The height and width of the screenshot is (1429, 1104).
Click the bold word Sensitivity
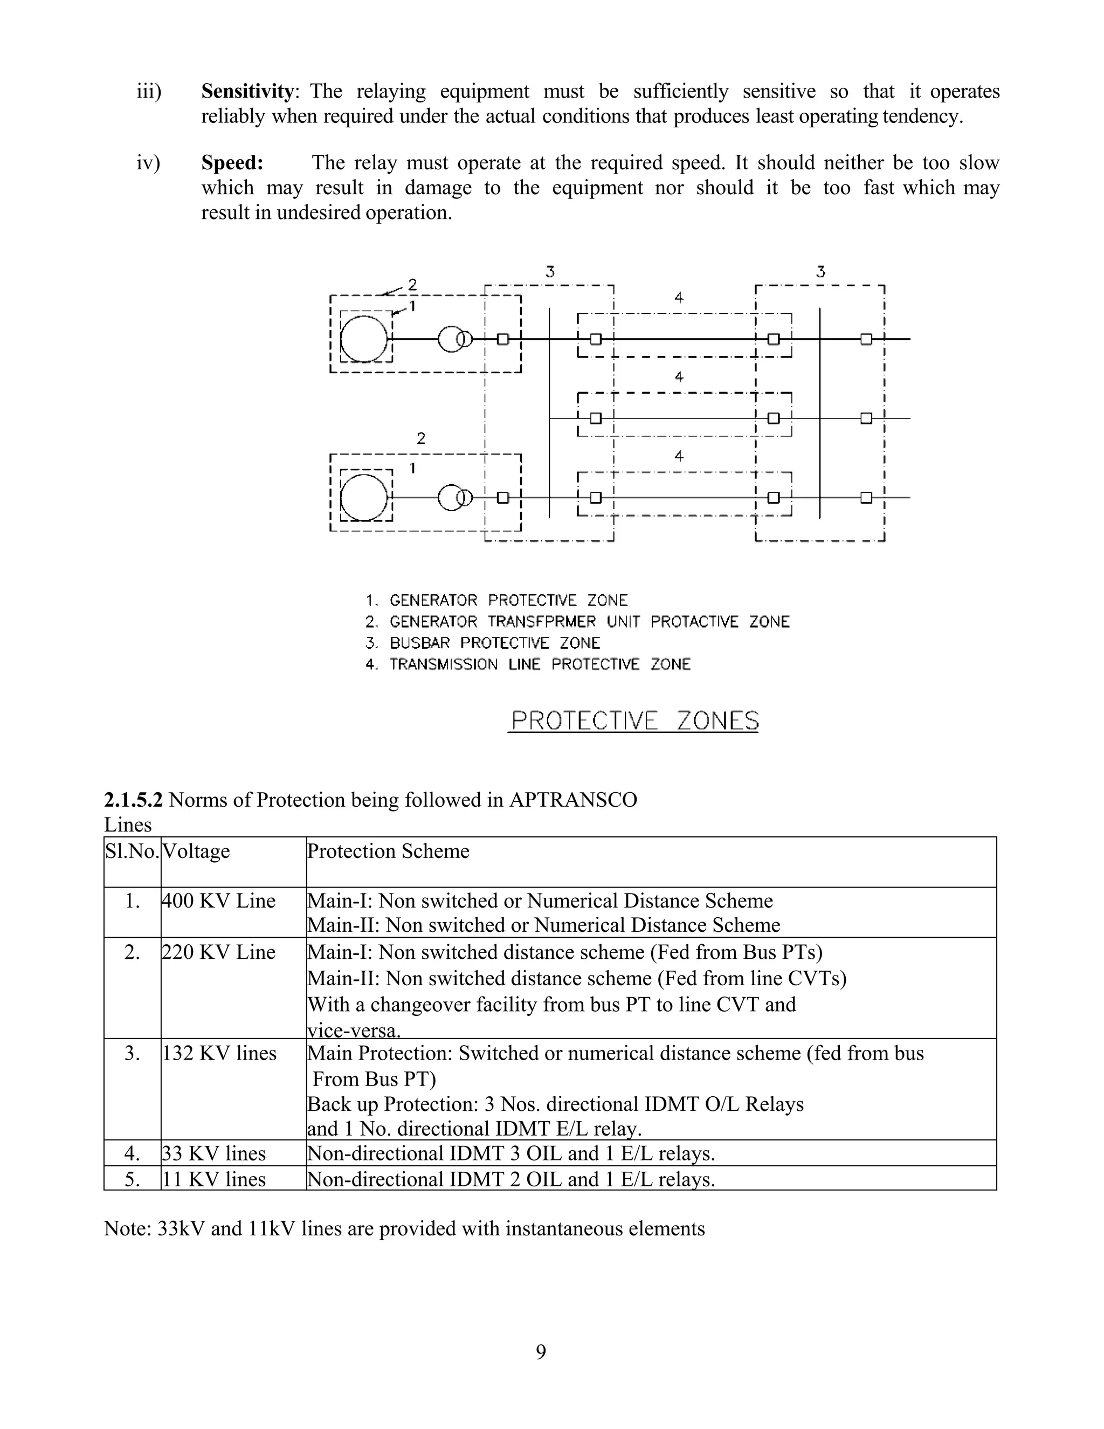tap(247, 92)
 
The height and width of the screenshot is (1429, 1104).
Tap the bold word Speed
tap(231, 163)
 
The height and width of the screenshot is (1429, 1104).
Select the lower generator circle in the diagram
tap(364, 497)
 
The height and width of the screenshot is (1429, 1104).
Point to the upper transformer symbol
tap(454, 339)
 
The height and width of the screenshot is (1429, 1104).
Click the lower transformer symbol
tap(454, 498)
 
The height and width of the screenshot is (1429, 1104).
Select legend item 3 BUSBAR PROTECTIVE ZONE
tap(482, 643)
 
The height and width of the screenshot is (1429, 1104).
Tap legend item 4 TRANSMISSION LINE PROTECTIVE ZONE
tap(528, 665)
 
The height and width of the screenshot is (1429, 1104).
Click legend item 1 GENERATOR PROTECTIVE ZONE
tap(496, 601)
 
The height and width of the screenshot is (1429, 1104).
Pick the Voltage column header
tap(196, 851)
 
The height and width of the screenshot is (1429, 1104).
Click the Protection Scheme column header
tap(389, 851)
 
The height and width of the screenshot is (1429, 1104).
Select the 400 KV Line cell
tap(218, 901)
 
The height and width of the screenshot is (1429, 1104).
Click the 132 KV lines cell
tap(219, 1054)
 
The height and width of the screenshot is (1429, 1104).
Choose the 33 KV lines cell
tap(214, 1153)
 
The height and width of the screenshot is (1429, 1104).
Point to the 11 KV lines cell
tap(214, 1179)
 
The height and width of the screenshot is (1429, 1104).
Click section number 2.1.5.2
tap(134, 800)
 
